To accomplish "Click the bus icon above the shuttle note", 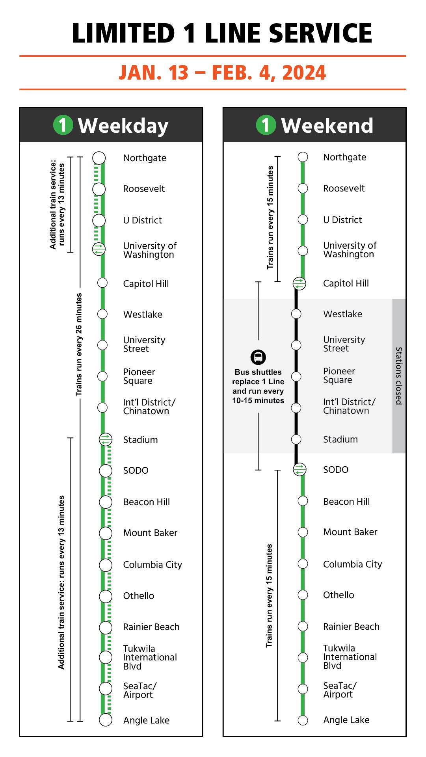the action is tap(258, 357).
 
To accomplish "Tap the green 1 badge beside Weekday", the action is tap(63, 125).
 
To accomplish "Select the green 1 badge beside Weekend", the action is tap(266, 125).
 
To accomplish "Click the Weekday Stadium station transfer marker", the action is tap(106, 439).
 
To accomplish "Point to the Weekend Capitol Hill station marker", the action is tap(299, 283).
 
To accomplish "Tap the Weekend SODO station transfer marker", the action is tap(300, 469).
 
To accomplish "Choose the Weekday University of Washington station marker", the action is tap(99, 249).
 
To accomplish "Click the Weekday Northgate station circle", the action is tap(99, 158).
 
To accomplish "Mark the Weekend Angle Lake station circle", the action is tap(303, 720).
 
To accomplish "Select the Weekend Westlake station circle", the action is tap(296, 314).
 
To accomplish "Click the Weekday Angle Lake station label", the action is tap(146, 720).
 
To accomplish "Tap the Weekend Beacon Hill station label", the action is tap(346, 502).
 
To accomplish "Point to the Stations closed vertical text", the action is tap(399, 376).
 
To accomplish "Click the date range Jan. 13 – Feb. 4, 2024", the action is tap(222, 73).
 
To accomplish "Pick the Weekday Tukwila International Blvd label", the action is tap(150, 657).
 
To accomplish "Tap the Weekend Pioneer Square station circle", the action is tap(296, 376).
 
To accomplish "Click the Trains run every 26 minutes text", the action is tap(79, 344).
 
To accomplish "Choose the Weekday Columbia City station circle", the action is tap(106, 565).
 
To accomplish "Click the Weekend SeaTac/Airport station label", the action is tap(340, 690).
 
